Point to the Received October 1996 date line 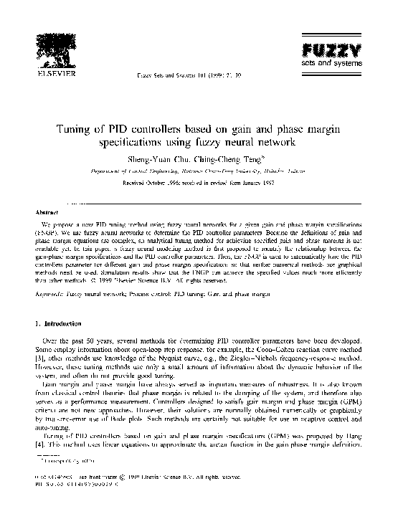click(x=199, y=183)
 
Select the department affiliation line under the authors click(x=199, y=171)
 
